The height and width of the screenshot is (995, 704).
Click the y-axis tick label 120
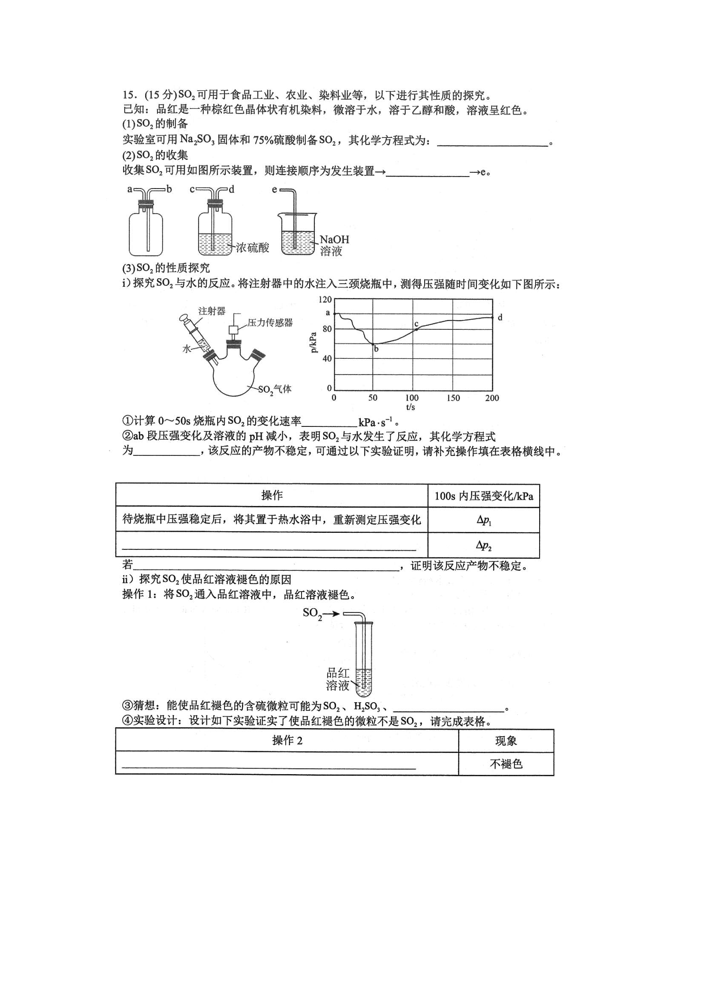coord(325,300)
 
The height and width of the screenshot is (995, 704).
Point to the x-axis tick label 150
coord(453,398)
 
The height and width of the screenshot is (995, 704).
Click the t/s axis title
coord(410,407)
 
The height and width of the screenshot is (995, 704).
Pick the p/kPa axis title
coord(313,342)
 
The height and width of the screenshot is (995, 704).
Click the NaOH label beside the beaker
coord(334,240)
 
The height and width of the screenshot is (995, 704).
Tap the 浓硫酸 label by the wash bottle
coord(253,248)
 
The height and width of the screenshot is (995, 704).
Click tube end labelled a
coord(130,189)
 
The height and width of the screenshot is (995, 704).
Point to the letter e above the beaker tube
coord(274,189)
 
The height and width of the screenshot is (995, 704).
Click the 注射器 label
coord(212,311)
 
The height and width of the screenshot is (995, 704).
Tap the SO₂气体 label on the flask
coord(275,389)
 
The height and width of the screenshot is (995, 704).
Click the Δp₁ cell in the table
coord(484,520)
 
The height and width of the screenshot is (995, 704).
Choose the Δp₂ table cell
coord(484,545)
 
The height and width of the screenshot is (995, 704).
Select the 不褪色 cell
coord(506,763)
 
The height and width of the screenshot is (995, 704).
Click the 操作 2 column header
coord(287,740)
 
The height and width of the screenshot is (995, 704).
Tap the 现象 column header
coord(506,741)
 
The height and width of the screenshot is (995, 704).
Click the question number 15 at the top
coord(130,95)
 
